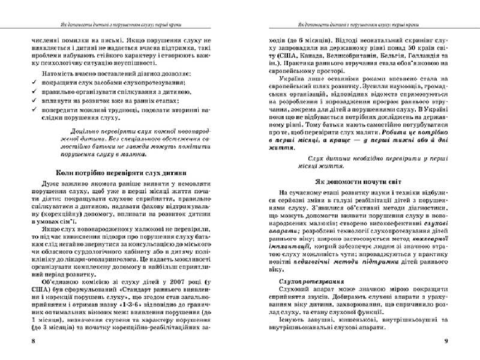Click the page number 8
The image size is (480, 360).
point(23,341)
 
